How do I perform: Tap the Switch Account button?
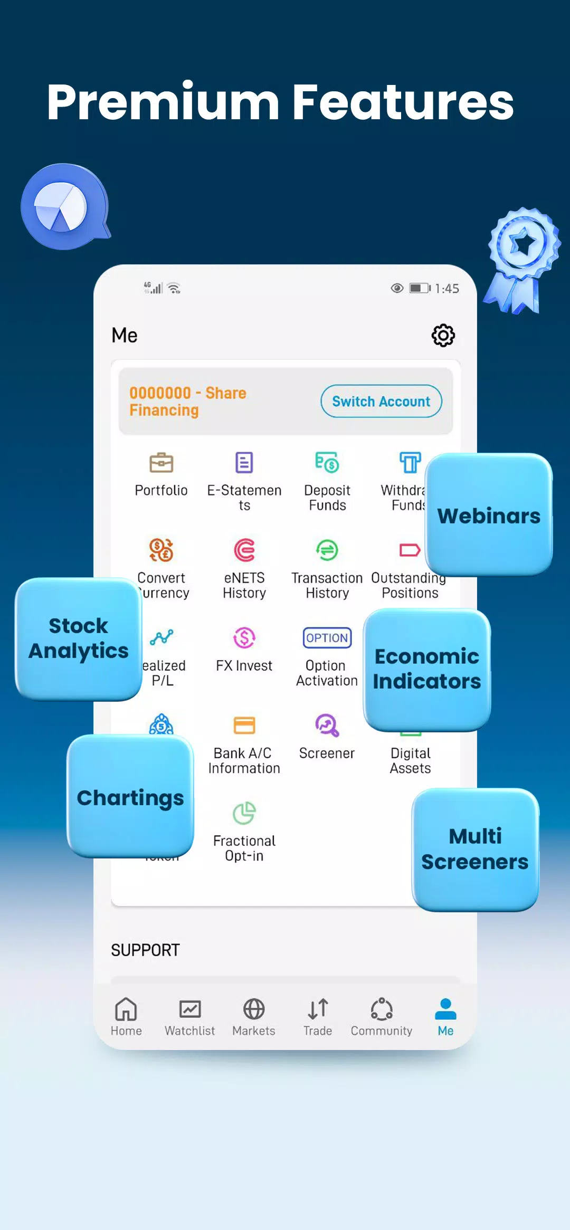(x=381, y=401)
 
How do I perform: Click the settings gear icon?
(x=443, y=335)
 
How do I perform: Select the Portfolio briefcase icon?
(x=161, y=463)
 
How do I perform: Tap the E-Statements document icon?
(x=244, y=463)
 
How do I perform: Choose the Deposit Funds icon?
(x=327, y=463)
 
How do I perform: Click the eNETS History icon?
(x=244, y=550)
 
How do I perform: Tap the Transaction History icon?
(x=327, y=550)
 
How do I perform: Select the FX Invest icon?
(x=244, y=638)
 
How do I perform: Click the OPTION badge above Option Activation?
(x=327, y=638)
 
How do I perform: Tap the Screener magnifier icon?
(x=327, y=726)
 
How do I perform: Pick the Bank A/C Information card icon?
(x=244, y=726)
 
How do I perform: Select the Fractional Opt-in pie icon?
(x=244, y=813)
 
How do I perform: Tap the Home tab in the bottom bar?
(x=126, y=1016)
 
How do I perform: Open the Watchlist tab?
(x=190, y=1016)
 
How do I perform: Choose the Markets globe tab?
(x=254, y=1016)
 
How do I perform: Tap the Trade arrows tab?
(x=318, y=1016)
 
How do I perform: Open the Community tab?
(x=382, y=1016)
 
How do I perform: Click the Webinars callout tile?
(x=489, y=515)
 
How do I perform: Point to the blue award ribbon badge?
(x=523, y=259)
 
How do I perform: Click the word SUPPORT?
(x=145, y=950)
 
